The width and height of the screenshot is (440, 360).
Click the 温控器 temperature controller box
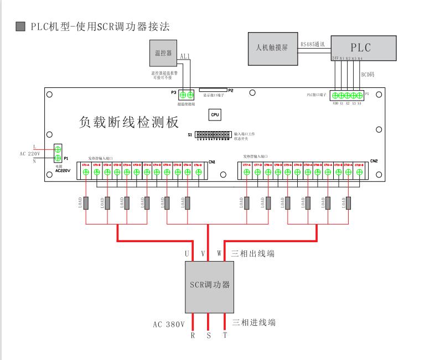(x=163, y=53)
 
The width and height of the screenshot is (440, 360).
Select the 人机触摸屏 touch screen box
(x=272, y=46)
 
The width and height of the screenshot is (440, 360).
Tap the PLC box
(x=360, y=48)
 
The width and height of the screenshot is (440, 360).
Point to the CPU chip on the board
(x=215, y=115)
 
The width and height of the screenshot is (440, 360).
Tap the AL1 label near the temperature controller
(x=185, y=56)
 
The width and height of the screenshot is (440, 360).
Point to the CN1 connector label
(x=212, y=162)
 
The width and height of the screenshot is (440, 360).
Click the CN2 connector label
(x=374, y=161)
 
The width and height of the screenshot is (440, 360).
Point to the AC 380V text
(x=168, y=324)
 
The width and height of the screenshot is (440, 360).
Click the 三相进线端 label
(x=255, y=322)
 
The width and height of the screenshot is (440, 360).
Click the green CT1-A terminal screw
(x=86, y=173)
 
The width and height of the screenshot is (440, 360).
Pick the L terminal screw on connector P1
(x=58, y=149)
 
